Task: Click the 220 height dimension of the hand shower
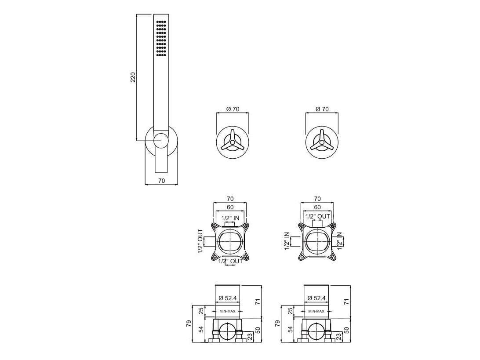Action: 133,77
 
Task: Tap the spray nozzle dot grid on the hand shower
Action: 161,39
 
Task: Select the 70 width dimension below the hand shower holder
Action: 162,181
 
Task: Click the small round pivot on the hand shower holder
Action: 161,141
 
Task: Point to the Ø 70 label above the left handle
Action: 233,109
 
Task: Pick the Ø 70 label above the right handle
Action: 322,109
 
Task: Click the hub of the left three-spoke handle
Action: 233,142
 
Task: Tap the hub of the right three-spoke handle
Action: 322,142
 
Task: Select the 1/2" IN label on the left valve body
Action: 230,218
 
